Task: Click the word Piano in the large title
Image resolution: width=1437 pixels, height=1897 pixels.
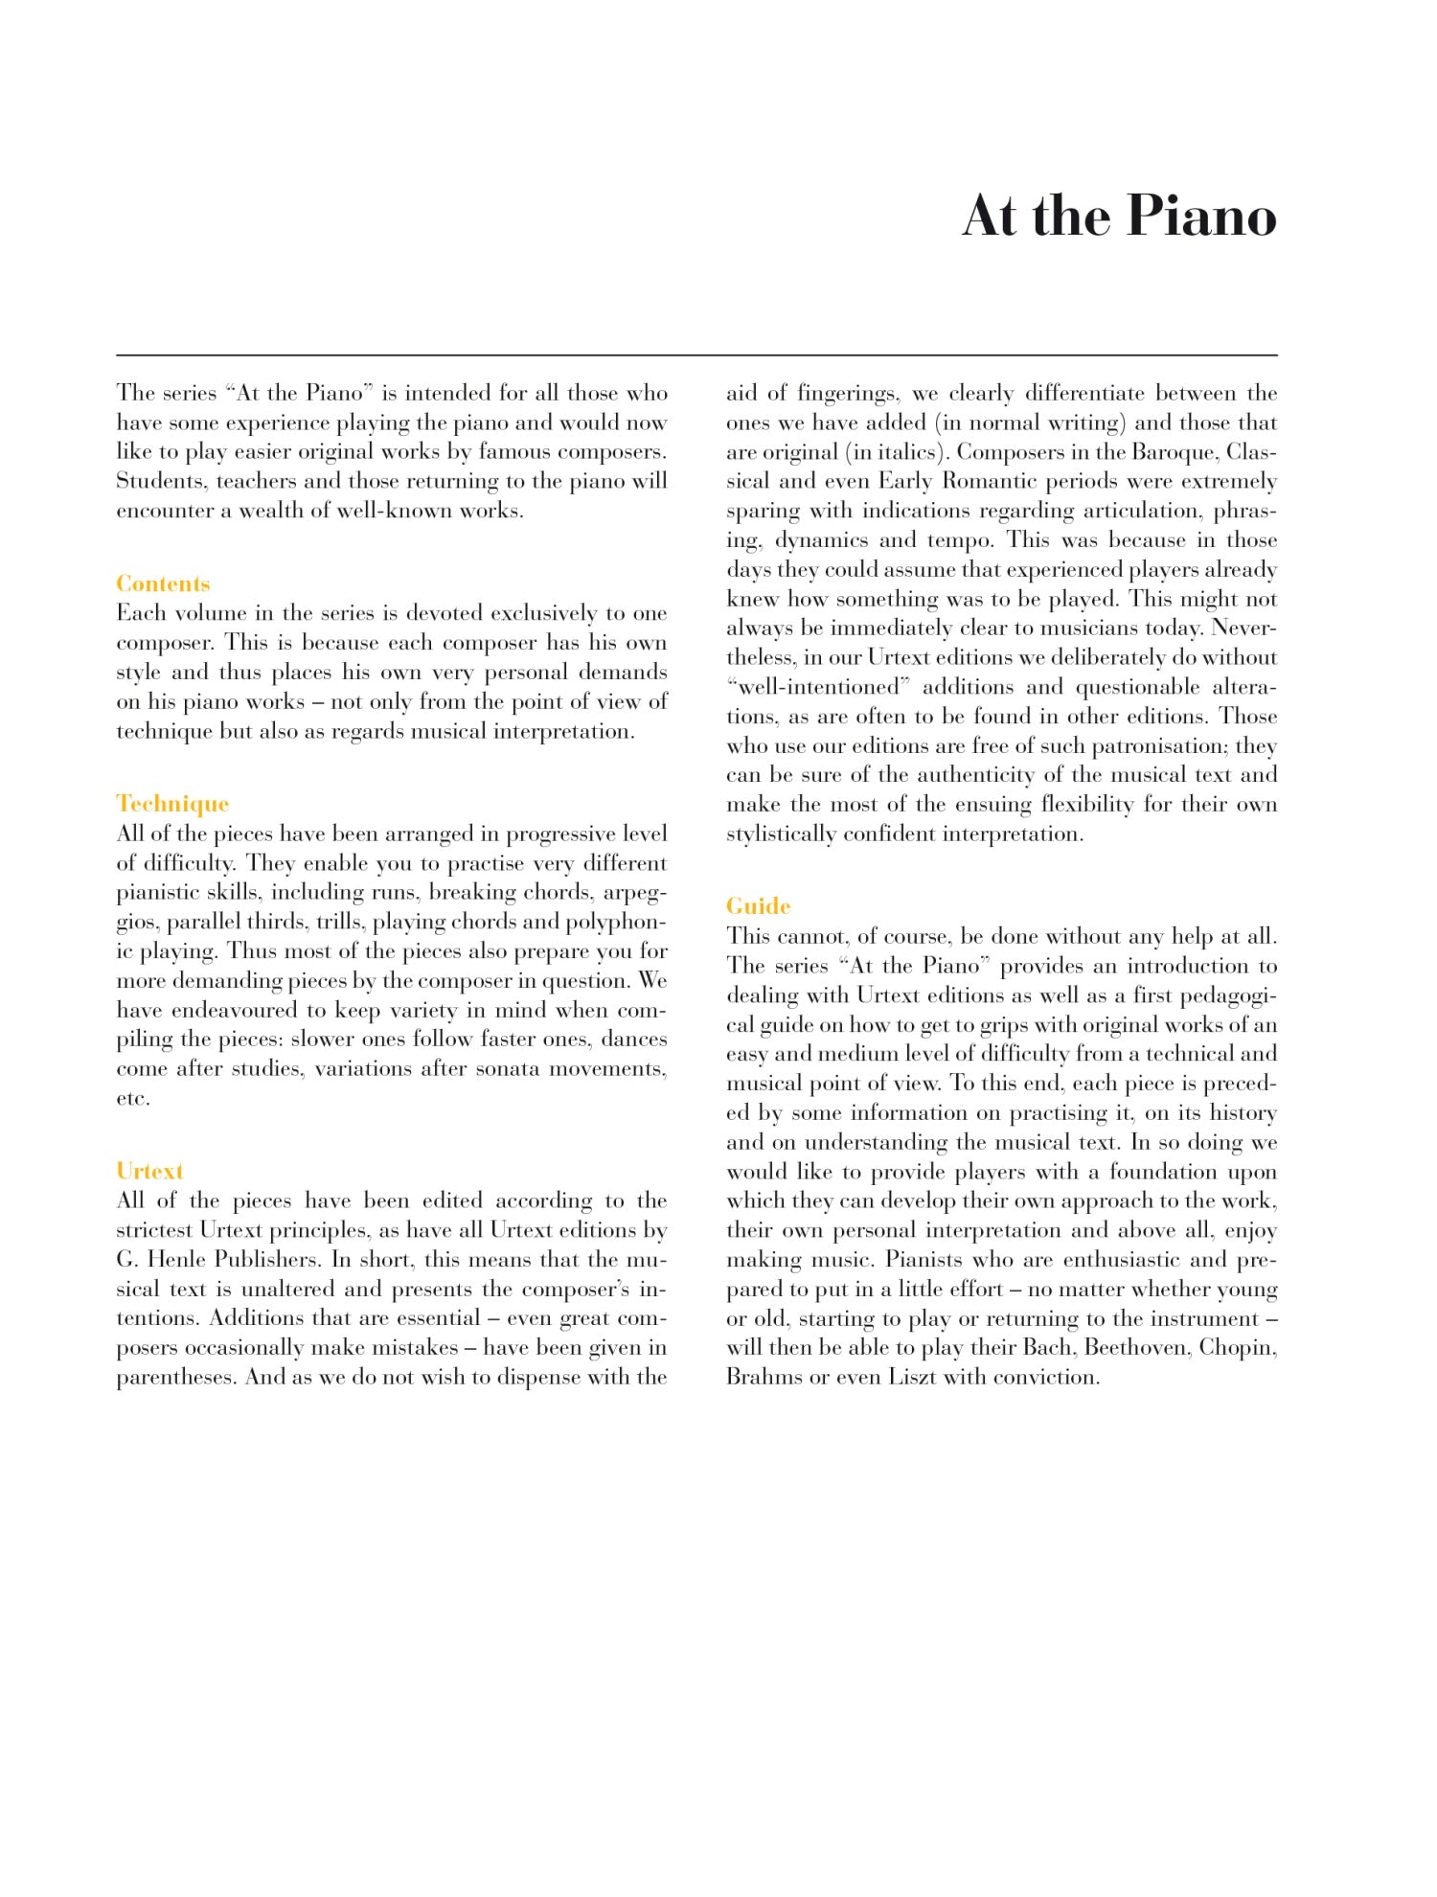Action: coord(1201,217)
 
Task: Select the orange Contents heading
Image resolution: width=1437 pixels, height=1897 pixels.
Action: coord(163,583)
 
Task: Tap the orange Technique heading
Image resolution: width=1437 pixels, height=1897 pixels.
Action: coord(172,804)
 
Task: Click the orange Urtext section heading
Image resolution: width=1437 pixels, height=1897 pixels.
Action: coord(149,1171)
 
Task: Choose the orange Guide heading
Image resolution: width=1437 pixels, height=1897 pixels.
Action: coord(758,906)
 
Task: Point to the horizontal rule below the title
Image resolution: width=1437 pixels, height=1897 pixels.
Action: coord(696,355)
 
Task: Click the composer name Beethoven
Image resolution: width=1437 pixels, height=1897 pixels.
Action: coord(1138,1348)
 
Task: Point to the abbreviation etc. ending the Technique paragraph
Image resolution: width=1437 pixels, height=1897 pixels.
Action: coord(133,1098)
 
